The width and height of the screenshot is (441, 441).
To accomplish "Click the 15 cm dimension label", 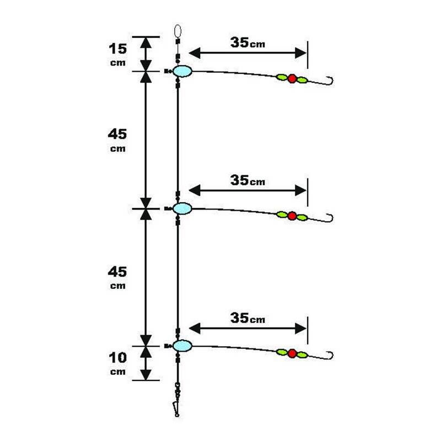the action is click(117, 55).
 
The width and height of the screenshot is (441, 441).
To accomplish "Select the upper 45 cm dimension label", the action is click(117, 140).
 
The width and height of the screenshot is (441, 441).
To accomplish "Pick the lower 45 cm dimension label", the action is click(117, 278).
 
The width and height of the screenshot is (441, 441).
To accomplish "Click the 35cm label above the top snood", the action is click(248, 42).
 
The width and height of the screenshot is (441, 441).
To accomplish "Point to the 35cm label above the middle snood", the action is click(248, 180).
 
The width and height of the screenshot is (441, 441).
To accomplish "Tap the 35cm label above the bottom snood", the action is click(248, 318).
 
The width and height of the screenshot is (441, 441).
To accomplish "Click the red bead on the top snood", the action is click(292, 78).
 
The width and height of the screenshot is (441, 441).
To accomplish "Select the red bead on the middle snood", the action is click(292, 216).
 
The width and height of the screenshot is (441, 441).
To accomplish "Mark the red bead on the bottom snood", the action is click(292, 353).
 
